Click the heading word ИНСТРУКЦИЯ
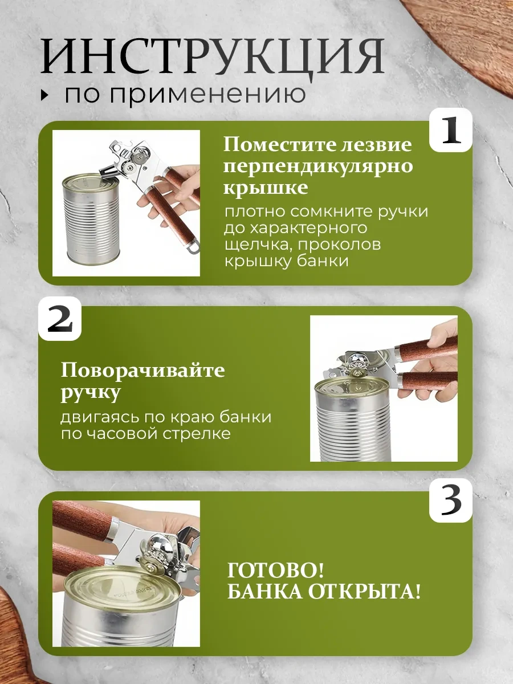pyautogui.click(x=213, y=56)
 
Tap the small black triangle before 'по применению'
pyautogui.click(x=46, y=95)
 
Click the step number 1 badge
pyautogui.click(x=451, y=131)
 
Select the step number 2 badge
pyautogui.click(x=60, y=319)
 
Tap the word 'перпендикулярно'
pyautogui.click(x=318, y=167)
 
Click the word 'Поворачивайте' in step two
pyautogui.click(x=142, y=371)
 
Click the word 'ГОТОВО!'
pyautogui.click(x=276, y=571)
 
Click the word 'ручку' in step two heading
pyautogui.click(x=91, y=393)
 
